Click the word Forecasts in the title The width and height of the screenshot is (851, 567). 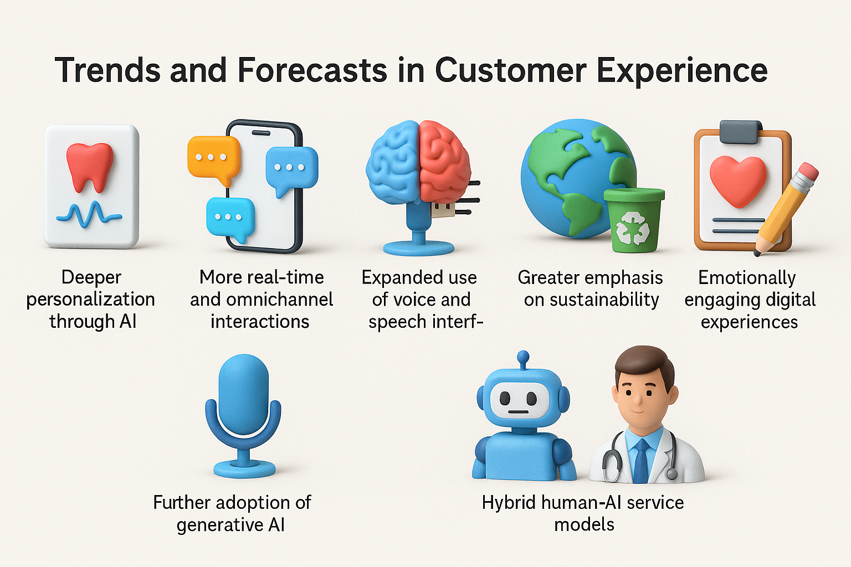[312, 71]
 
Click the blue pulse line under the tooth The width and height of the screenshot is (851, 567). [89, 215]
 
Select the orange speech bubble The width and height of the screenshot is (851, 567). [214, 159]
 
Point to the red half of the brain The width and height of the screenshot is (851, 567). [444, 159]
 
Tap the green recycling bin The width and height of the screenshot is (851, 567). [634, 220]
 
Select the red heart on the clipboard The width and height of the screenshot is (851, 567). [738, 181]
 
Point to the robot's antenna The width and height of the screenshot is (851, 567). [523, 359]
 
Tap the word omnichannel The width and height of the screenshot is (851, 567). [280, 300]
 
